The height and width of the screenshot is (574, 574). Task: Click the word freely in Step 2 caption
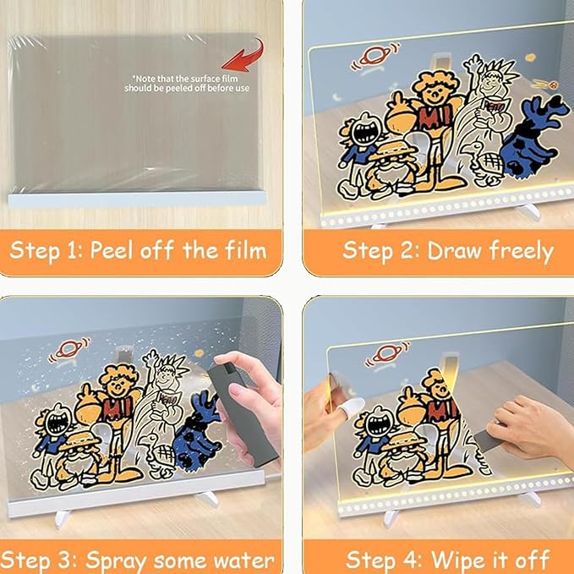tap(522, 251)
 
